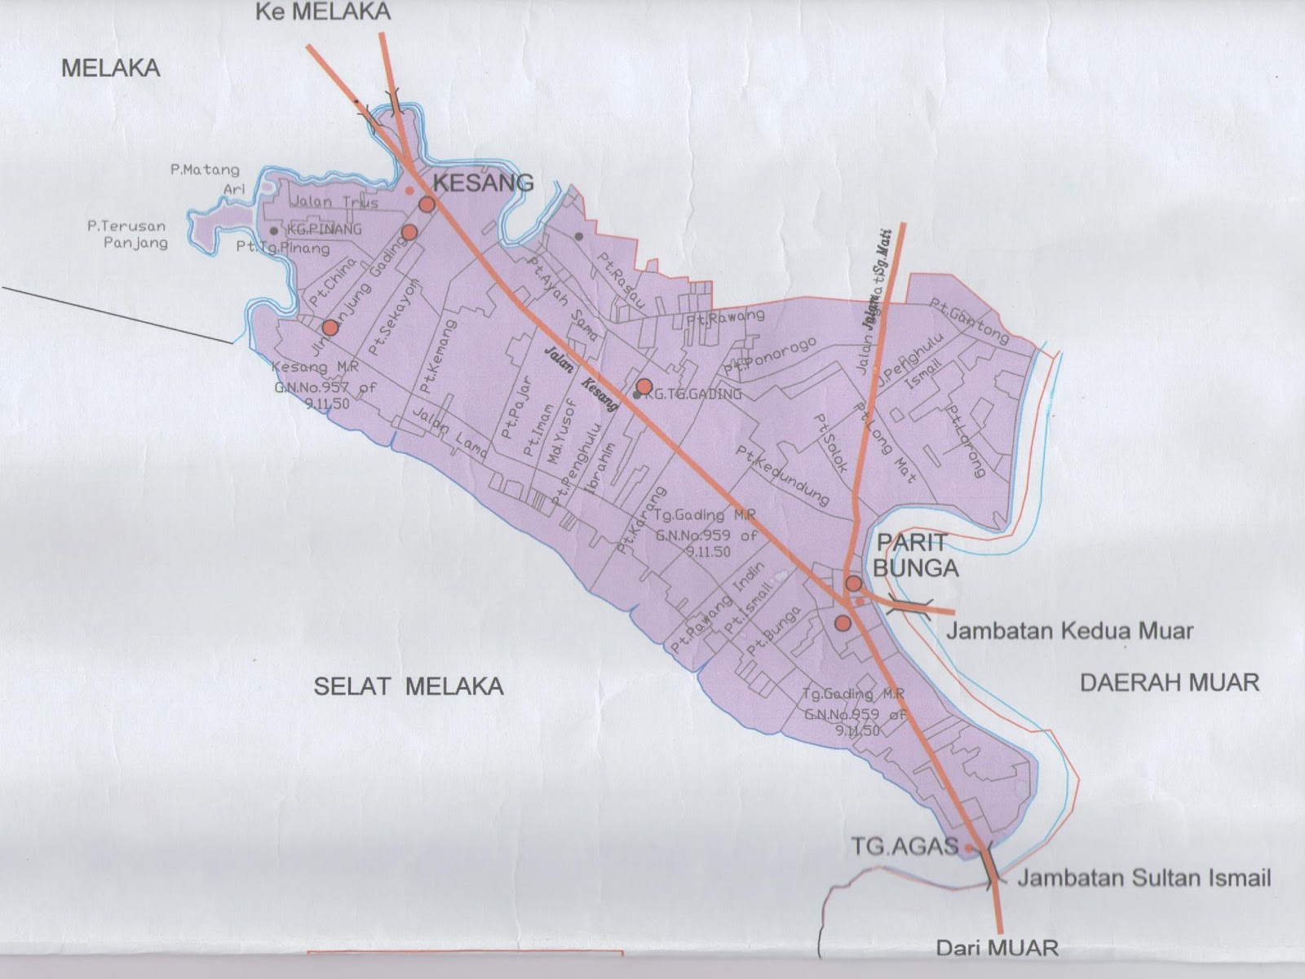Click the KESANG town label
coord(483,183)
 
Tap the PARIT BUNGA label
coord(915,555)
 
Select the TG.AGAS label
coord(905,846)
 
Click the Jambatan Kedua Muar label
coord(1069,630)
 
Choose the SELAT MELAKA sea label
coord(409,686)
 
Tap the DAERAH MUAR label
coord(1170,681)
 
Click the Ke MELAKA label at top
coord(323,11)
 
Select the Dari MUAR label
coord(997,947)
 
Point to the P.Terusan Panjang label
coord(127,234)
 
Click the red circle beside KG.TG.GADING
coord(644,386)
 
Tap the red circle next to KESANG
coord(426,204)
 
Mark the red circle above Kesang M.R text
coord(330,328)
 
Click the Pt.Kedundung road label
coord(782,474)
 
